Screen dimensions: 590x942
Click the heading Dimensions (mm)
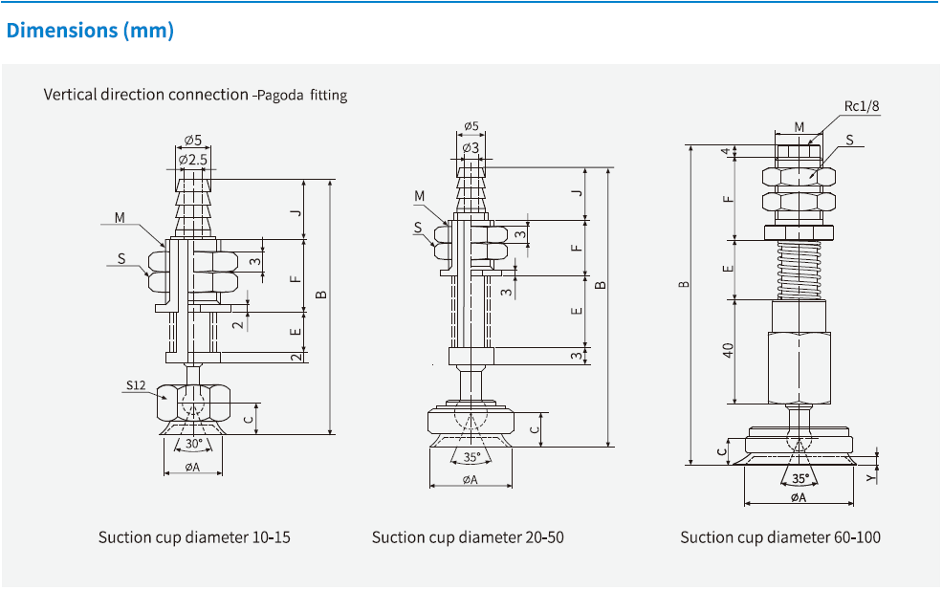pyautogui.click(x=90, y=31)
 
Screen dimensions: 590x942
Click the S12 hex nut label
pyautogui.click(x=135, y=386)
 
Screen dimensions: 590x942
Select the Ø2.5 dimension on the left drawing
pyautogui.click(x=193, y=158)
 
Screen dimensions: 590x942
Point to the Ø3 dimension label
pyautogui.click(x=471, y=147)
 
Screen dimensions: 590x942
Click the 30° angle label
pyautogui.click(x=193, y=444)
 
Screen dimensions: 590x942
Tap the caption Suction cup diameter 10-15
pyautogui.click(x=194, y=537)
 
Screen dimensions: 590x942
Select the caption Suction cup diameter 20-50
pyautogui.click(x=468, y=537)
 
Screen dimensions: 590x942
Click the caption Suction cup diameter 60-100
pyautogui.click(x=780, y=537)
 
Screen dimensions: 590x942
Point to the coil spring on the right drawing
pyautogui.click(x=799, y=269)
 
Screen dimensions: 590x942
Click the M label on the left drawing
pyautogui.click(x=120, y=218)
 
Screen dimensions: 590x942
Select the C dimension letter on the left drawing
pyautogui.click(x=249, y=418)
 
